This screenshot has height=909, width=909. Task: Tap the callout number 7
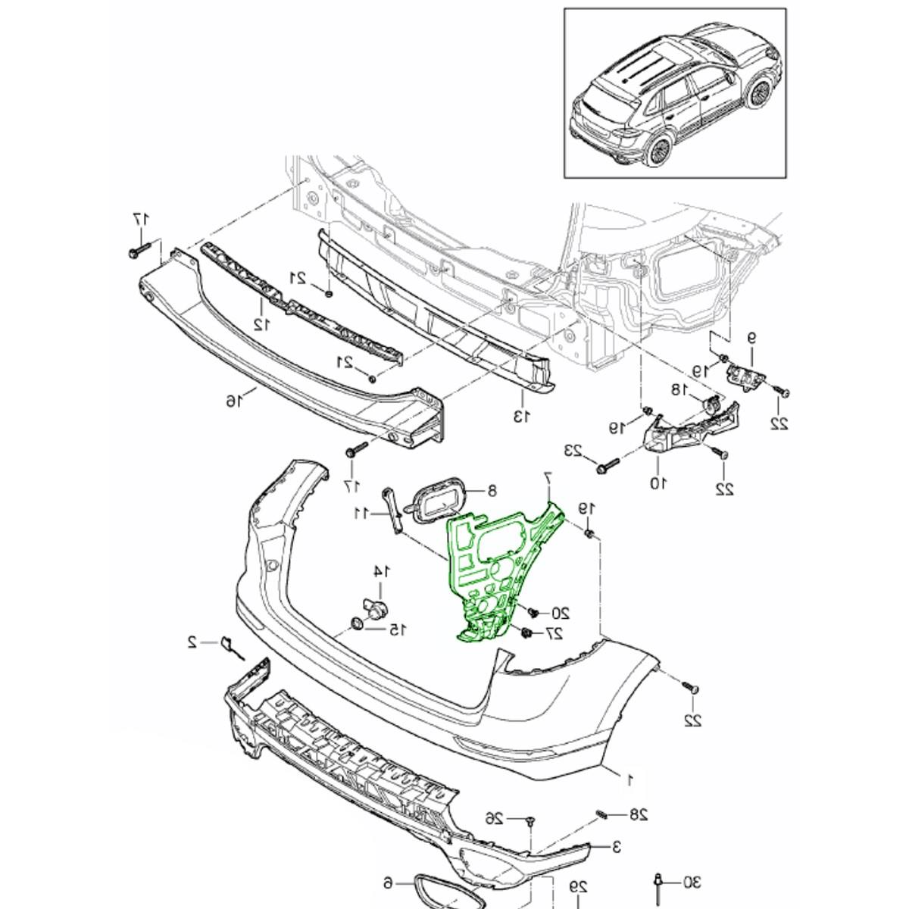(549, 479)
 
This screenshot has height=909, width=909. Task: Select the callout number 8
(492, 491)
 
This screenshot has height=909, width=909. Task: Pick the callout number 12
(261, 324)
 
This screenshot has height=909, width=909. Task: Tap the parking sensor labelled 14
(375, 608)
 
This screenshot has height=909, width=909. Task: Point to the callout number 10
(656, 481)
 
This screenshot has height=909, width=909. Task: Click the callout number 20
(560, 613)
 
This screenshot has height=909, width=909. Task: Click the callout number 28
(639, 815)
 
